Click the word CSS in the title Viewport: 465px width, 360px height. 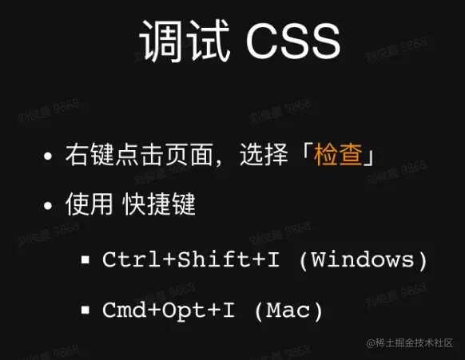pos(292,41)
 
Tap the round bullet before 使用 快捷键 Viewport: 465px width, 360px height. pos(50,206)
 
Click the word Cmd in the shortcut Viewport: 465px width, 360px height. pos(120,310)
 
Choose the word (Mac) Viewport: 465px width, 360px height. pos(288,310)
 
